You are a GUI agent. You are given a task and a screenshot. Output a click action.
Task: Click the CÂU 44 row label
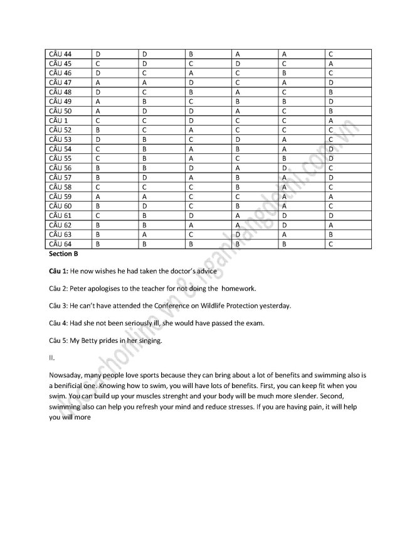pos(60,54)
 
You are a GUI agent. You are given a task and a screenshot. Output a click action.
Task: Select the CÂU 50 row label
pos(60,111)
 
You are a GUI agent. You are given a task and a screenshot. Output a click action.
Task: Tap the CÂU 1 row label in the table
pos(58,120)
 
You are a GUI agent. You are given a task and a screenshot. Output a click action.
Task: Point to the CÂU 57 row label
pos(60,177)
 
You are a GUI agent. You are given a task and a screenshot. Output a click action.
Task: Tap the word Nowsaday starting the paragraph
pos(65,375)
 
